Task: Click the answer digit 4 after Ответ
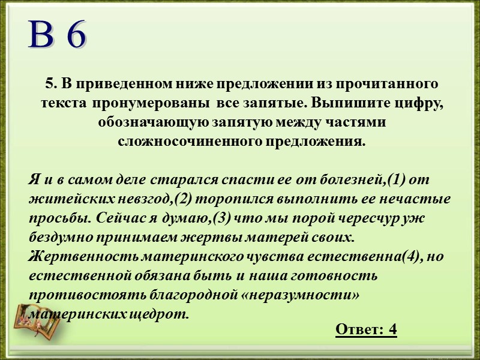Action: click(393, 329)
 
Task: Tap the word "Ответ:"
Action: click(359, 329)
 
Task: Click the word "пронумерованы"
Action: click(149, 103)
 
